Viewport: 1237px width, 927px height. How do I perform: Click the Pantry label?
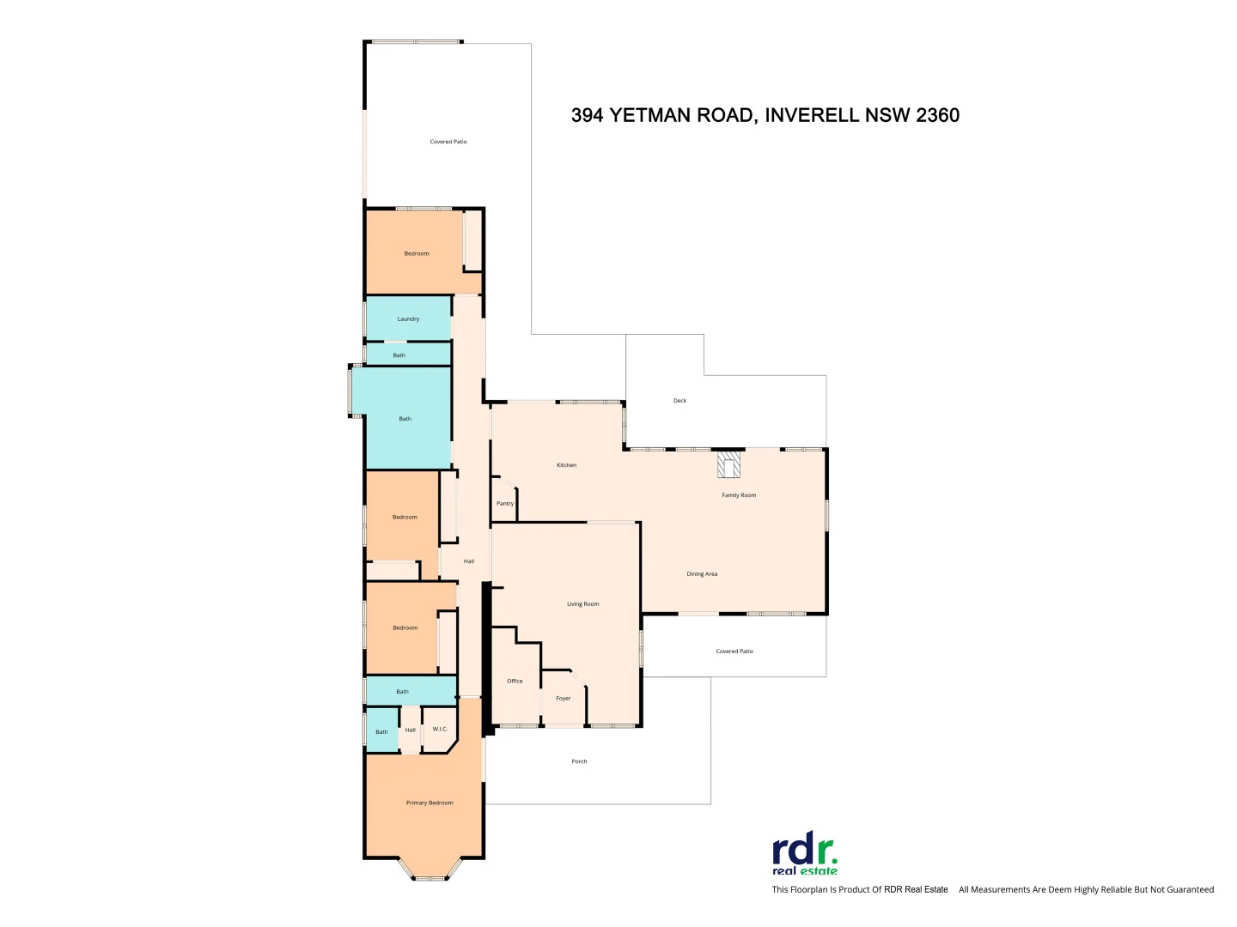pyautogui.click(x=505, y=504)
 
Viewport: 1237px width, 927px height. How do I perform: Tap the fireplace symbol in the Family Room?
pyautogui.click(x=729, y=465)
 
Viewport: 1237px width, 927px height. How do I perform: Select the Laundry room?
pyautogui.click(x=408, y=318)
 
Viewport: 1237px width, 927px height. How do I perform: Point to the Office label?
pyautogui.click(x=515, y=682)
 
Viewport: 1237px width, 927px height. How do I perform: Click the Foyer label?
pyautogui.click(x=564, y=699)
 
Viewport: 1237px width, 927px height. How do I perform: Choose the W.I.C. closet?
pyautogui.click(x=440, y=730)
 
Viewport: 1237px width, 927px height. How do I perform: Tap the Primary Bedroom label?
pyautogui.click(x=430, y=803)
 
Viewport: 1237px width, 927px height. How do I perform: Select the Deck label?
pyautogui.click(x=679, y=401)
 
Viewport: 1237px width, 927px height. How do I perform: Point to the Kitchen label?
pyautogui.click(x=567, y=465)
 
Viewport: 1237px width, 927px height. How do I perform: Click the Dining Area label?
pyautogui.click(x=702, y=574)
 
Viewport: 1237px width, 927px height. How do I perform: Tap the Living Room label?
pyautogui.click(x=583, y=604)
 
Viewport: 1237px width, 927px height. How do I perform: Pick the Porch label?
pyautogui.click(x=580, y=761)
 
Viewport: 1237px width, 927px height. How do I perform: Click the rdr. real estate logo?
pyautogui.click(x=805, y=856)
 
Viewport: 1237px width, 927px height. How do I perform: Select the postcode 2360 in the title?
pyautogui.click(x=937, y=115)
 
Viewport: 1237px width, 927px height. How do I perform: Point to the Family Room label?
pyautogui.click(x=739, y=495)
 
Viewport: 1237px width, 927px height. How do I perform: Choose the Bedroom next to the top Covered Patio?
pyautogui.click(x=417, y=253)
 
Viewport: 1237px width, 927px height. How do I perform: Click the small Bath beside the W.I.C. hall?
pyautogui.click(x=381, y=732)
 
